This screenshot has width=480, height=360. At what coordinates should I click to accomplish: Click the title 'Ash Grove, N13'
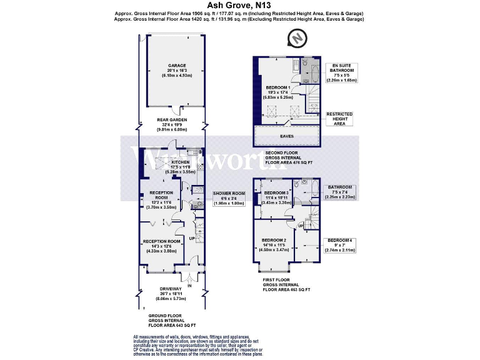point(239,5)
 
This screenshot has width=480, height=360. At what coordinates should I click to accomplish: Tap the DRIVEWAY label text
point(170,288)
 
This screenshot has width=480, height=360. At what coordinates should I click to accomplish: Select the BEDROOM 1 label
point(278,87)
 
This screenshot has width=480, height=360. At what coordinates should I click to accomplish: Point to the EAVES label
point(287,133)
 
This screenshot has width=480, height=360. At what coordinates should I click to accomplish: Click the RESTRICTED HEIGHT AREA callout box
point(340,118)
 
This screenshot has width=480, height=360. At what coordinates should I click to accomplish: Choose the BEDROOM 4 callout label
point(340,240)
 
